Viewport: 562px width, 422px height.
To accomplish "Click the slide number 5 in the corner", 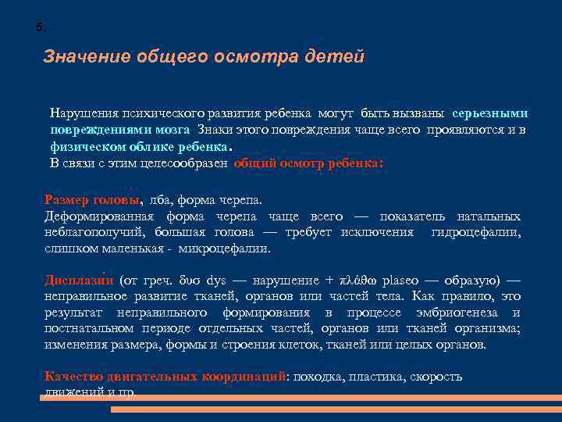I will click(41, 27).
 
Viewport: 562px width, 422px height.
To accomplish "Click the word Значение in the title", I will click(87, 57).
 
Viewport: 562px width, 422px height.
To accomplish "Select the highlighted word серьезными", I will click(489, 113).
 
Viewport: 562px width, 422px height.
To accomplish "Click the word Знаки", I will click(215, 130).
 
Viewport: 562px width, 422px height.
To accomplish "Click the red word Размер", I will click(68, 199).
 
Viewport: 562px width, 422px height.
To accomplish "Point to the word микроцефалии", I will click(224, 249).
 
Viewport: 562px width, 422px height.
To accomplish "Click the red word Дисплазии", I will click(80, 281).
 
